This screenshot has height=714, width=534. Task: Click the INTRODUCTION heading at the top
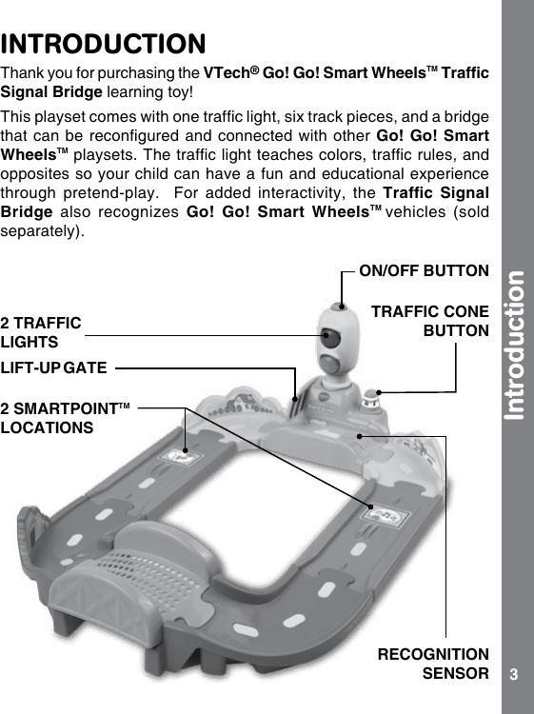104,45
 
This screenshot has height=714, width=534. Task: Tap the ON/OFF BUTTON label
424,271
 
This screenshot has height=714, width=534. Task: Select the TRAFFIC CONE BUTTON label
429,321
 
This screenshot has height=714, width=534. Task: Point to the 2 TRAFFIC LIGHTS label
41,332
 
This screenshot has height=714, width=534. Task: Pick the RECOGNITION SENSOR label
433,664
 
